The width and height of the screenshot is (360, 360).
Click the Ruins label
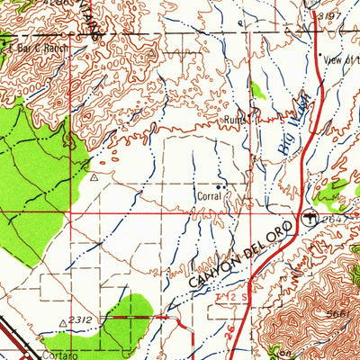tap(236, 118)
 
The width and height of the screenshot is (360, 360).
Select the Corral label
tap(208, 195)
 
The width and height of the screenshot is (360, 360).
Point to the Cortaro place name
tap(54, 354)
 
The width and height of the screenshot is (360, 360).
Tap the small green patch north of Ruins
tap(257, 90)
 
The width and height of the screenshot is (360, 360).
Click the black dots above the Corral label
tap(220, 186)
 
